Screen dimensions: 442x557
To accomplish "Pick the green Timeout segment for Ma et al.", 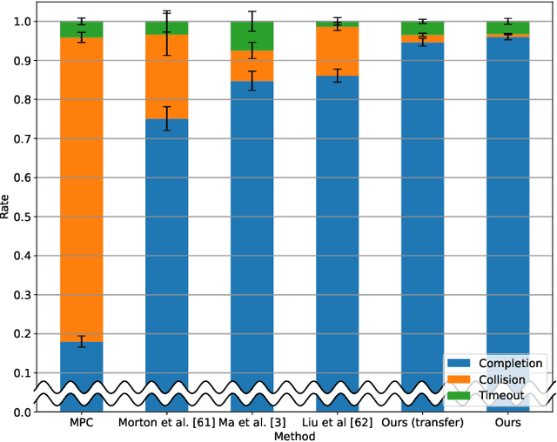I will point(252,37).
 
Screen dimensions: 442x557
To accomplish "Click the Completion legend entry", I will point(495,363).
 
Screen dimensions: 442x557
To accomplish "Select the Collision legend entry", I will point(495,379).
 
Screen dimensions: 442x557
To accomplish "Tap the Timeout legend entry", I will point(495,395).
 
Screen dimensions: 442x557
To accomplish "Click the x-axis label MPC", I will point(82,423).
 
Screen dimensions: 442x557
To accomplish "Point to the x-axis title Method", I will point(295,435).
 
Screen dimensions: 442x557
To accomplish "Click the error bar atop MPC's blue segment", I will point(82,342).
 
